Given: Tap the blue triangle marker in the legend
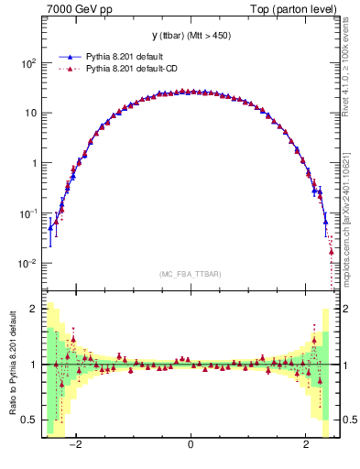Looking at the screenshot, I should [71, 56].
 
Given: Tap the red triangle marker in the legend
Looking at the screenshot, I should [71, 68].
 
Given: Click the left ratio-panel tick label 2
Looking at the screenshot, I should [35, 309].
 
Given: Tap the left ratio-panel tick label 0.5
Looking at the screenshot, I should [31, 420].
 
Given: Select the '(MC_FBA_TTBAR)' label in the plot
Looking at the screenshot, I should [191, 274].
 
